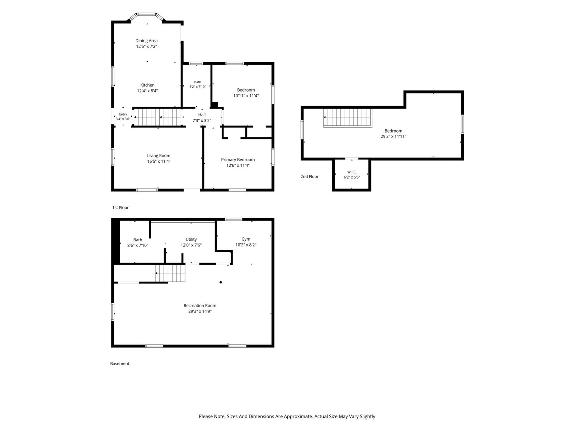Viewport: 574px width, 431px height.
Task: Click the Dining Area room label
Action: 146,41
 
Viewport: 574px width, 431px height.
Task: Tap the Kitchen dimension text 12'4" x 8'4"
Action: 147,91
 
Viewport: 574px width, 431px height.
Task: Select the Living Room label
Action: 159,156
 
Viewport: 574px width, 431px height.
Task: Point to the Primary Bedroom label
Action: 238,159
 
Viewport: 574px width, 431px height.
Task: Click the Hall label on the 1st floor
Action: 202,115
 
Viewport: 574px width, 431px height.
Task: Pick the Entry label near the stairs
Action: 123,114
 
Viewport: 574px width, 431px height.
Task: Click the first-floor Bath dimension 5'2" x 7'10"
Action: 197,87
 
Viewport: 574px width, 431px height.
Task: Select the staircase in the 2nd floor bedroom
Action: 348,118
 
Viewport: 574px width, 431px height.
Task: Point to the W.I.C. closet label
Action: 352,172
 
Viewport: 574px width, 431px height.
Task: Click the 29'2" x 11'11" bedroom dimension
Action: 393,136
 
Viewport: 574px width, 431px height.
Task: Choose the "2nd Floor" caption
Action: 309,177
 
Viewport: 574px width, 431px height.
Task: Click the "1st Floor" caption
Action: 120,208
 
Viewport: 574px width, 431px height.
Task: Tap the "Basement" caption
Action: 119,363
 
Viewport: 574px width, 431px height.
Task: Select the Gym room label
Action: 245,239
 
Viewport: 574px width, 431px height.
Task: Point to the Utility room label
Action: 191,240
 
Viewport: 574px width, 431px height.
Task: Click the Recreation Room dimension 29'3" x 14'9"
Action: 200,311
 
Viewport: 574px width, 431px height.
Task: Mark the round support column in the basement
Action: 221,282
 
